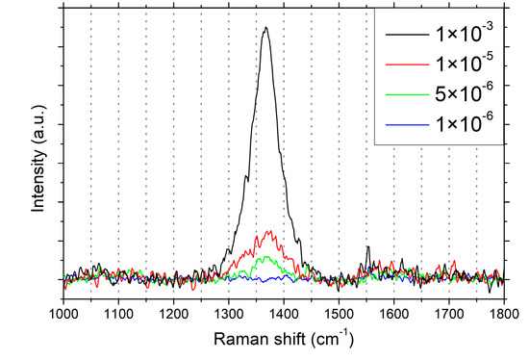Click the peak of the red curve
pyautogui.click(x=268, y=231)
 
